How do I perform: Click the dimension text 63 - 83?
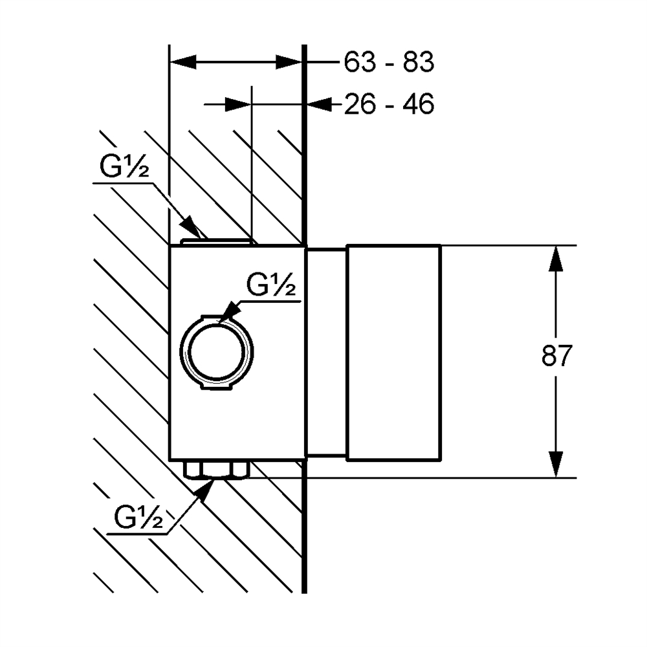coord(388,63)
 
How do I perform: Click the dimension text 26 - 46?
coord(388,104)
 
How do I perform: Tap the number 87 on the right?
coord(557,356)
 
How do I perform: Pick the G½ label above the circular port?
coord(272,285)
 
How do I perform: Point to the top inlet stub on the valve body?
coord(216,241)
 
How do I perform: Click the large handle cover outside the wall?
coord(394,353)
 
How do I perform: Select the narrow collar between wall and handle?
coord(327,353)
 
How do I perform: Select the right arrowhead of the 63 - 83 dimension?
coord(290,63)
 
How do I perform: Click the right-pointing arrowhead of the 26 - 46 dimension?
coord(238,104)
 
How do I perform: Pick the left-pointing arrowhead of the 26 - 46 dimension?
coord(317,104)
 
